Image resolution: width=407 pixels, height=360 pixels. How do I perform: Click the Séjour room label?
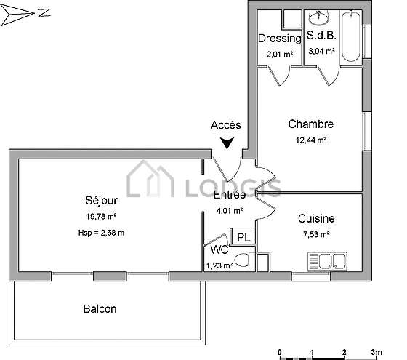102,201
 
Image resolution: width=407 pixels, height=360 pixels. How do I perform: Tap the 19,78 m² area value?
101,217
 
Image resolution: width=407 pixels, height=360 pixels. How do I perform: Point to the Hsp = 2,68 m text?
101,233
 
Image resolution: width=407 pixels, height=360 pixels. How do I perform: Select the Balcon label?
100,309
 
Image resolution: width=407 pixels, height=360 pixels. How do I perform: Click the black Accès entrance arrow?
227,143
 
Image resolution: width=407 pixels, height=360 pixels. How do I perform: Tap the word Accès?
226,125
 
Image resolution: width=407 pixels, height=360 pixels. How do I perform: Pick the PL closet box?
243,236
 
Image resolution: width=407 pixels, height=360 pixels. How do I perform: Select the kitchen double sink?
327,261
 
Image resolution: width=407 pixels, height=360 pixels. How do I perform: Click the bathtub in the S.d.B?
351,36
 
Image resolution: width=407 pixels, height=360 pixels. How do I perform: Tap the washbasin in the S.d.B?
319,17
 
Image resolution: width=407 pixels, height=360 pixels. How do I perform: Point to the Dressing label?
280,39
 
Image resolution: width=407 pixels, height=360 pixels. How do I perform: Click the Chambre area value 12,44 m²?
311,140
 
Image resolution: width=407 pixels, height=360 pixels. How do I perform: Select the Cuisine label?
316,219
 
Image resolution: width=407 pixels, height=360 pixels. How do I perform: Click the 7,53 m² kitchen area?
316,234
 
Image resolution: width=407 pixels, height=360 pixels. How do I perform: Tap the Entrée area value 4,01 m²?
230,210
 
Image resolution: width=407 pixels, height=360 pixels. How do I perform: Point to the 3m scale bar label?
376,352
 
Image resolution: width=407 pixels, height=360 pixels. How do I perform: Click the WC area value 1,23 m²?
219,265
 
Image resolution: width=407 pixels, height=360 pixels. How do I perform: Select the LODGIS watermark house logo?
150,179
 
